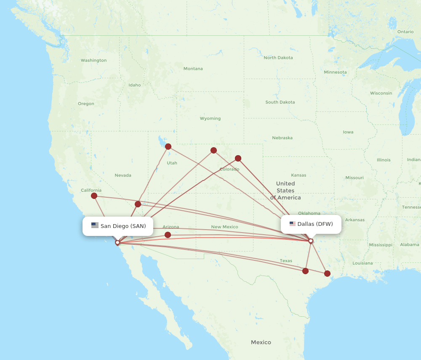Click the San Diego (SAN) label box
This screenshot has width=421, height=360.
pos(118,226)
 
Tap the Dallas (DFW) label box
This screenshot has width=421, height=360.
pos(311,224)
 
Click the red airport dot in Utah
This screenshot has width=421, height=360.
pos(168,146)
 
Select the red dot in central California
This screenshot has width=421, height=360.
pos(94,196)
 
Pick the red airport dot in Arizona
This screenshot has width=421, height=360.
pos(168,235)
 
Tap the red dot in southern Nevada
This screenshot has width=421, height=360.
pos(138,204)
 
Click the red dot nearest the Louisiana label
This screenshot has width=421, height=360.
pos(327,273)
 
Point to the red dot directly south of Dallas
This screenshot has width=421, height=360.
pos(306,271)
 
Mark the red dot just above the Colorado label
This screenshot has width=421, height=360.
pos(238,158)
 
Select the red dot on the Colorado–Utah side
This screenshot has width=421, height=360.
pos(213,150)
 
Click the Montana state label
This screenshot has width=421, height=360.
pos(193,69)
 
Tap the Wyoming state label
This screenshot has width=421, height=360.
pos(210,119)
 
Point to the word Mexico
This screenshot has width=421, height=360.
pos(261,342)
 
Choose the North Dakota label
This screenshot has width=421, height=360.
pos(278,58)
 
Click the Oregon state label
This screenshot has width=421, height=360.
pos(86,103)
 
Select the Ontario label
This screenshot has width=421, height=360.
pos(405,32)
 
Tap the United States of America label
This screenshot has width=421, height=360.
pos(285,191)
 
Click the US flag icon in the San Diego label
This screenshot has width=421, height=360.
pos(95,226)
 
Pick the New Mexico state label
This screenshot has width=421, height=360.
pos(224,227)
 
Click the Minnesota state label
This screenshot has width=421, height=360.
pos(335,72)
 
